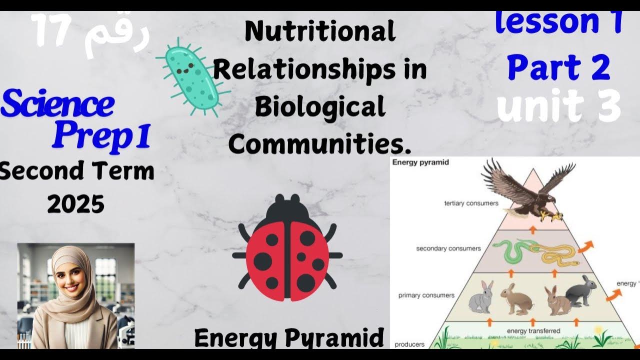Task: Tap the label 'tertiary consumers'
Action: click(x=471, y=203)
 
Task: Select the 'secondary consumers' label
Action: click(x=448, y=248)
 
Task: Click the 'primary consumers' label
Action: click(x=426, y=295)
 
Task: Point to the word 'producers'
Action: click(x=409, y=344)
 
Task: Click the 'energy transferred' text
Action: click(x=533, y=331)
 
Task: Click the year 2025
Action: click(x=76, y=204)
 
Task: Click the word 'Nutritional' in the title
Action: click(x=320, y=32)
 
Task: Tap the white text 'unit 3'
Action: click(x=559, y=106)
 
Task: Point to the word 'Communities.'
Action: click(x=320, y=144)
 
